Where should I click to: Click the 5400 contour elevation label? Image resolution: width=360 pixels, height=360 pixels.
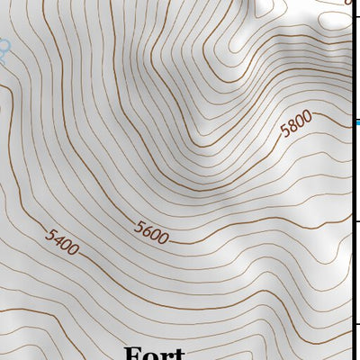(63, 240)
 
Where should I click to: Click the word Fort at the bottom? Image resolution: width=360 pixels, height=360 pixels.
(154, 353)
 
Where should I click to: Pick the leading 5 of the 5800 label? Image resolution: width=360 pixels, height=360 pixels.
(285, 131)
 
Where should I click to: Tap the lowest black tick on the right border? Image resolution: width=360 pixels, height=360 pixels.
(355, 327)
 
